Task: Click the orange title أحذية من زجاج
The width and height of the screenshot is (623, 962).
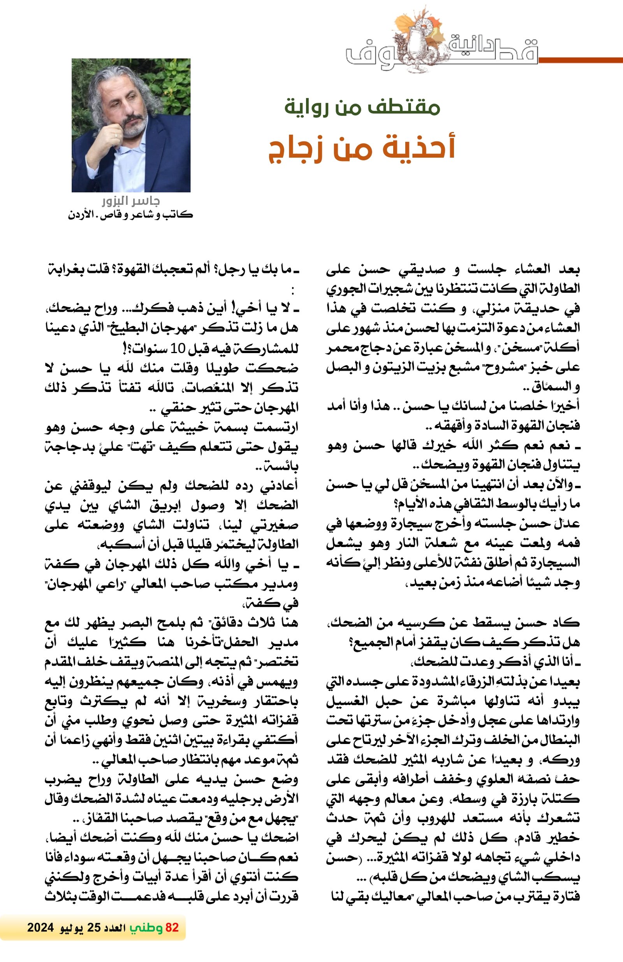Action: click(362, 149)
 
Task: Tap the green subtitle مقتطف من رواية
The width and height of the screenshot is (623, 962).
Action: click(362, 107)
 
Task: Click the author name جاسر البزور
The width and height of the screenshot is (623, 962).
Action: click(130, 201)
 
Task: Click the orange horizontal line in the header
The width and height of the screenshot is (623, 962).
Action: click(580, 60)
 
